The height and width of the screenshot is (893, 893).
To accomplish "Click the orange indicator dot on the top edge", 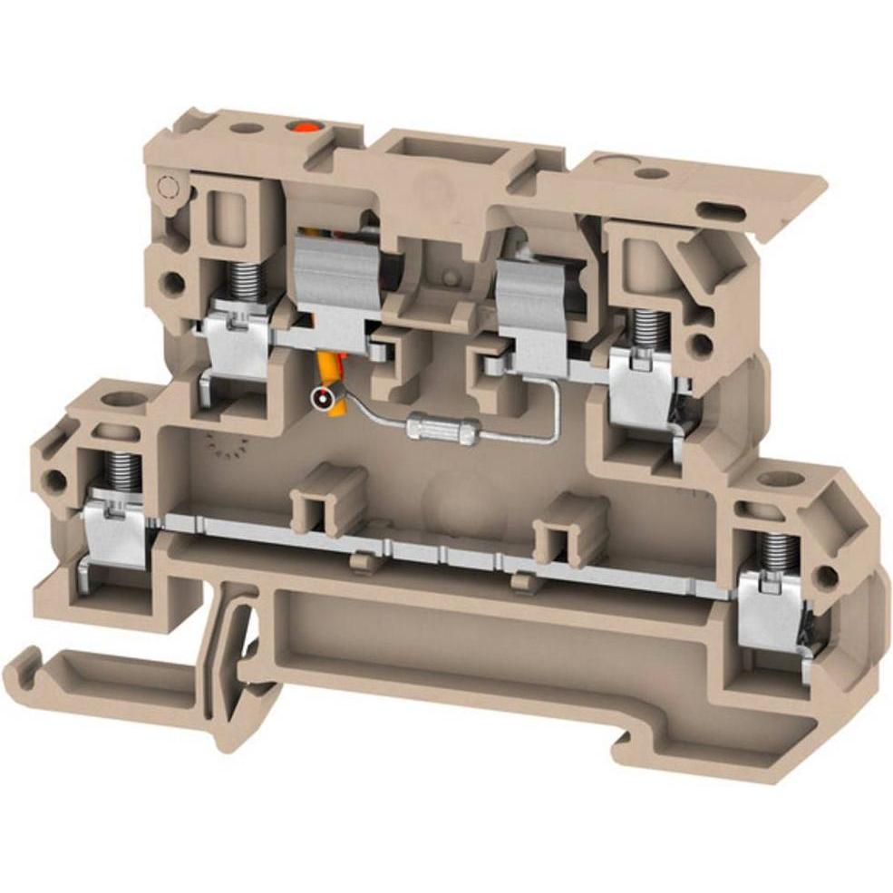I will pos(296,128).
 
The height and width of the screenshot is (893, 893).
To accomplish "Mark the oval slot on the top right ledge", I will pos(722,213).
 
